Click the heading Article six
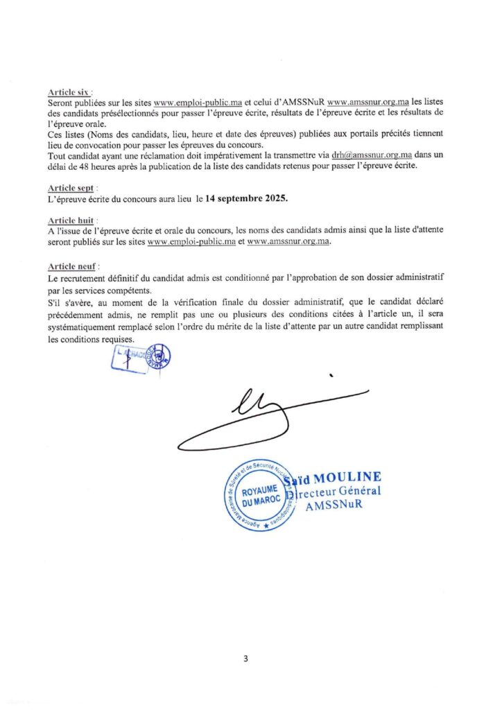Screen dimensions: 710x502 (70, 92)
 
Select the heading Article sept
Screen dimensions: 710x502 (71, 187)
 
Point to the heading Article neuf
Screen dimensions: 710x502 (71, 266)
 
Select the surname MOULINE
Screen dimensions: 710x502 (347, 478)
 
